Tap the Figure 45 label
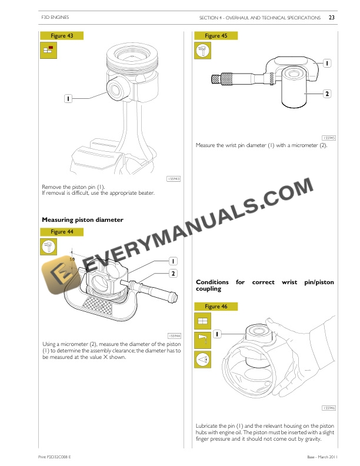pos(216,36)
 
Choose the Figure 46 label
pos(216,307)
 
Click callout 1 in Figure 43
pos(68,99)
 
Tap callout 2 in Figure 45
pos(326,94)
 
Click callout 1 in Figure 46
pos(217,334)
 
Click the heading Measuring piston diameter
pos(82,219)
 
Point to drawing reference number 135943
pos(174,178)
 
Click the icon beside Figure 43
pos(47,51)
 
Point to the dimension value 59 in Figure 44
pos(72,258)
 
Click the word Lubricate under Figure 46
pos(207,425)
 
